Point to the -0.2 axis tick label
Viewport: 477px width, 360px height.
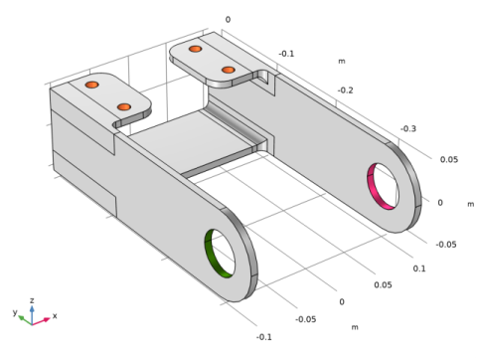coord(345,90)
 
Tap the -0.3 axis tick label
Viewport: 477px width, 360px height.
coord(408,128)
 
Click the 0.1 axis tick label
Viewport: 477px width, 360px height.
coord(419,269)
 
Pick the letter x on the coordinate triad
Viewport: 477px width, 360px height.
coord(55,315)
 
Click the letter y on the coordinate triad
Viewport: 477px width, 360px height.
coord(15,312)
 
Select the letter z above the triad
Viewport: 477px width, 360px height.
coord(32,300)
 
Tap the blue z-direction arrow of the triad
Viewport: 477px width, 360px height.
coord(32,314)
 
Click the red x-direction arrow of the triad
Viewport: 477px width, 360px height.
coord(41,321)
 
